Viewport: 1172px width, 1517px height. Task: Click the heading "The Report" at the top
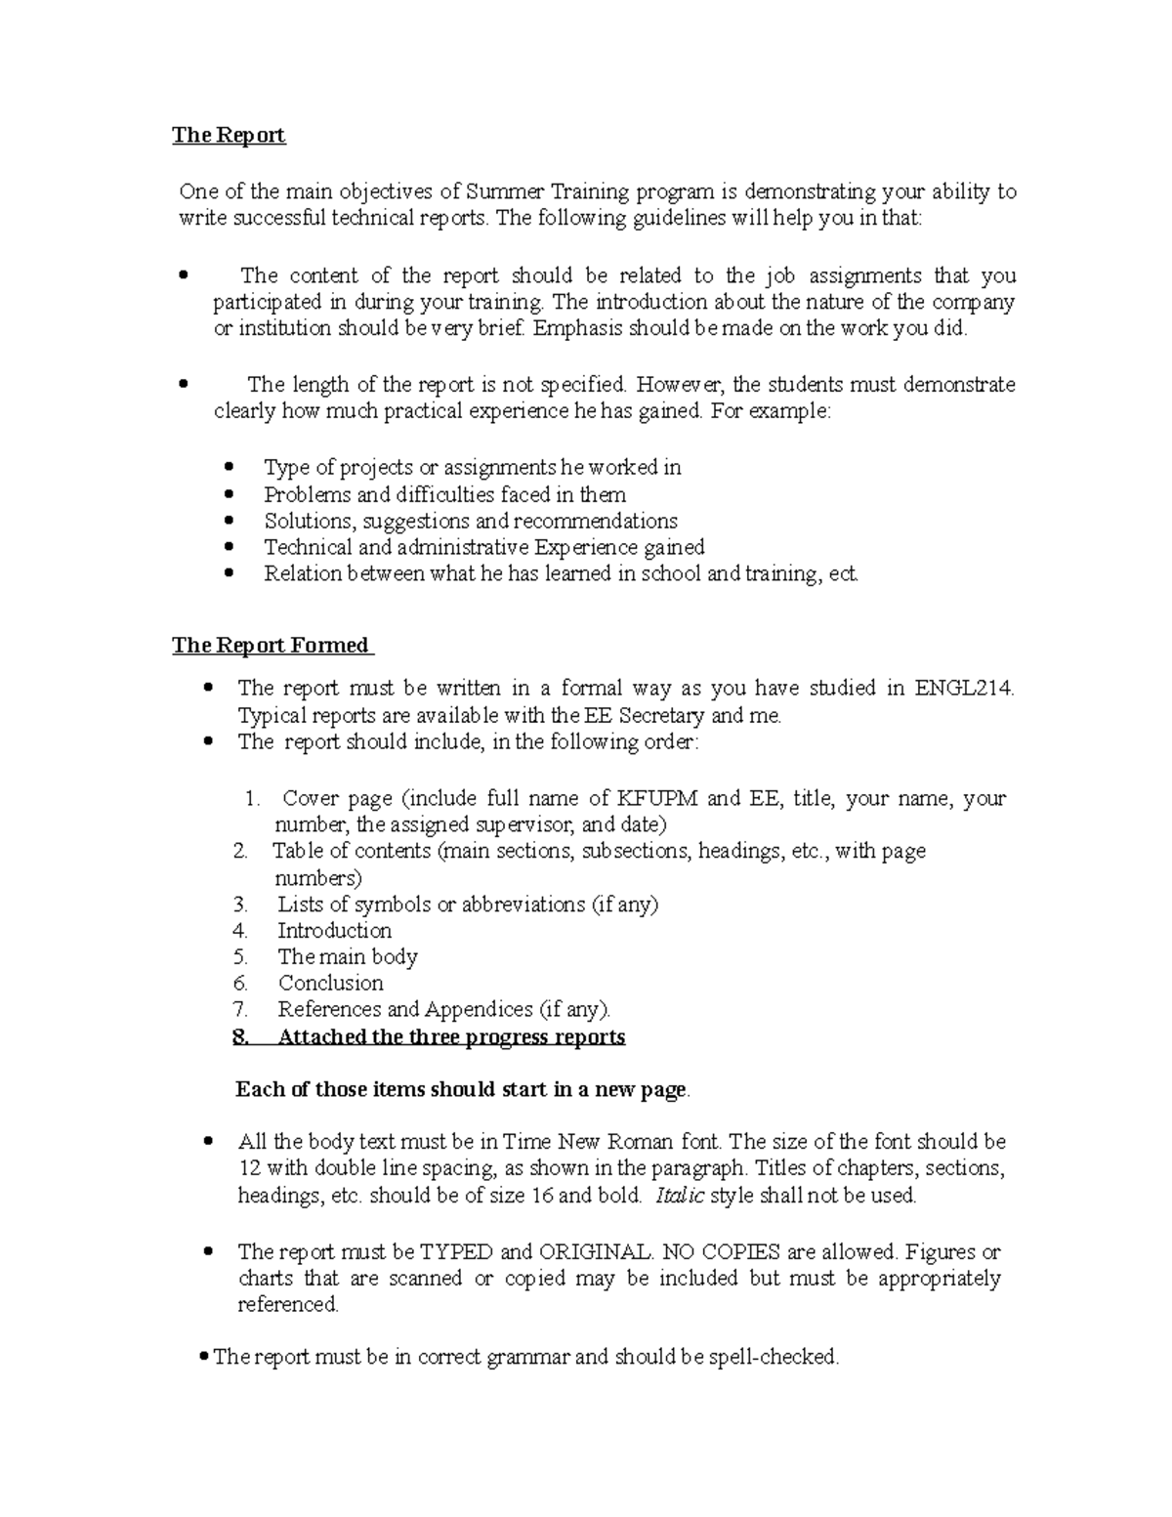(x=229, y=135)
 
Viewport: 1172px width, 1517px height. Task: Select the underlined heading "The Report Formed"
(x=271, y=645)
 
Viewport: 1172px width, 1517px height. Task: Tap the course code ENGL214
(x=963, y=689)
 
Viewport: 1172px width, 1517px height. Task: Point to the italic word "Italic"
(x=680, y=1195)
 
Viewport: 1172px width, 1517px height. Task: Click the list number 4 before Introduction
(x=240, y=930)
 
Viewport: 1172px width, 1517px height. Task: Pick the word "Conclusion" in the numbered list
(x=330, y=983)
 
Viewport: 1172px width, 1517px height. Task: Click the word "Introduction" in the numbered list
(x=334, y=930)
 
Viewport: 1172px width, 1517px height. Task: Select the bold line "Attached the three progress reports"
(x=451, y=1036)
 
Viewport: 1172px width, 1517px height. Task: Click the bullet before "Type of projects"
(x=230, y=468)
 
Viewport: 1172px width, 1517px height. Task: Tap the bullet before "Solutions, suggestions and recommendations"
(x=230, y=521)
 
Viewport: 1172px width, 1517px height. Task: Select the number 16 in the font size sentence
(x=540, y=1195)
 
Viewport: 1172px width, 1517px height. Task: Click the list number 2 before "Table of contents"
(x=240, y=851)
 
